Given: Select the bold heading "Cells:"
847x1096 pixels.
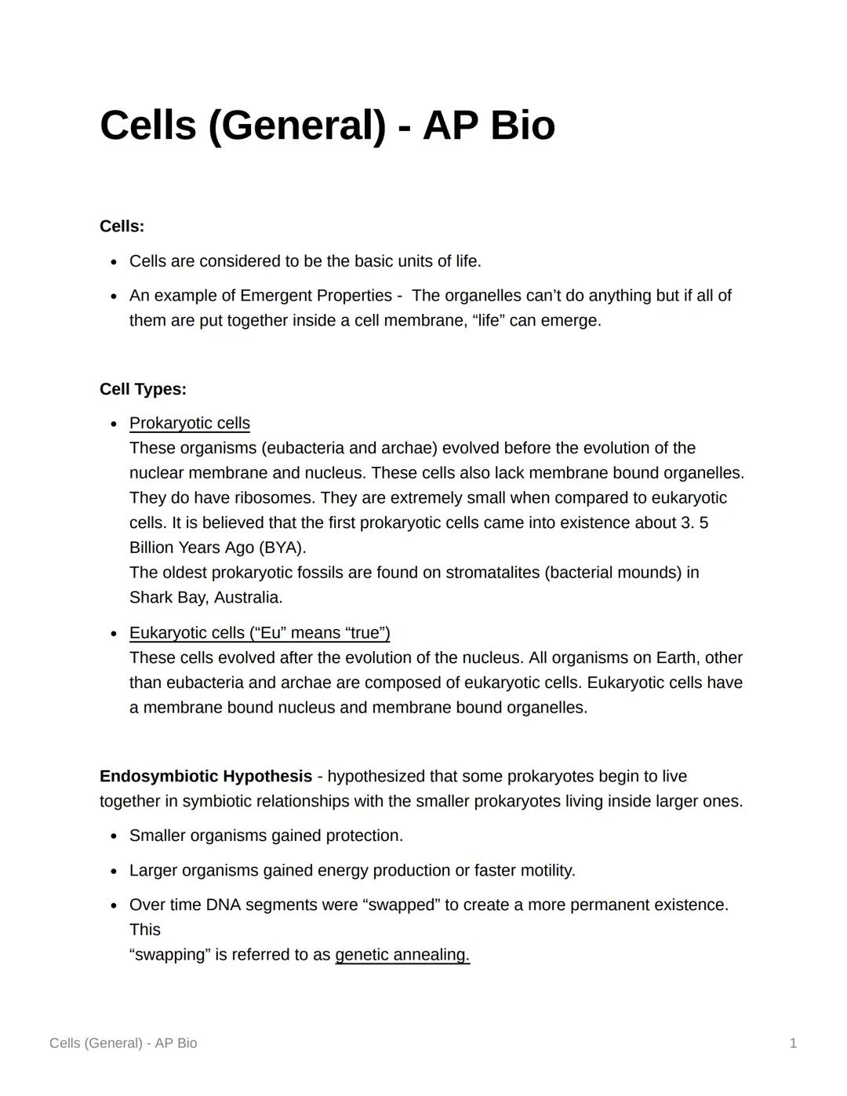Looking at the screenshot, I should coord(122,227).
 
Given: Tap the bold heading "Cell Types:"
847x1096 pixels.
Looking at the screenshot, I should coord(143,389).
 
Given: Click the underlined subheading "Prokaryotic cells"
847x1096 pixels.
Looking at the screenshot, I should coord(189,424).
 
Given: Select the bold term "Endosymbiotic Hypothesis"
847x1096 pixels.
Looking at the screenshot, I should coord(205,777).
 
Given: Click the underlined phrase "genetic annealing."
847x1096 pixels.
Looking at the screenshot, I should coord(402,955).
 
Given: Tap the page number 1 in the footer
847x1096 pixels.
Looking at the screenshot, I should coord(793,1043).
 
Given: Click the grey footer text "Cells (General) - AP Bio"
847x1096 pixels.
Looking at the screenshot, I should coord(123,1043).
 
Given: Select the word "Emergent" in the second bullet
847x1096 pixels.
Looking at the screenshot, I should coord(275,296).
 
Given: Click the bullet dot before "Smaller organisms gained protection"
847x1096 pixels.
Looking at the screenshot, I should coord(114,836).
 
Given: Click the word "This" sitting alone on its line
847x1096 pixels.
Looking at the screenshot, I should coord(145,930).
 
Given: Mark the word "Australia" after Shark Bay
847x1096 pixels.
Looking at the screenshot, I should coord(247,598).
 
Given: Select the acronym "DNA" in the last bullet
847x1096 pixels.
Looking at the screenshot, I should coord(223,905).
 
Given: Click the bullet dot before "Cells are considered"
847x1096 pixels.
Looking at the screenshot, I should coord(114,262).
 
